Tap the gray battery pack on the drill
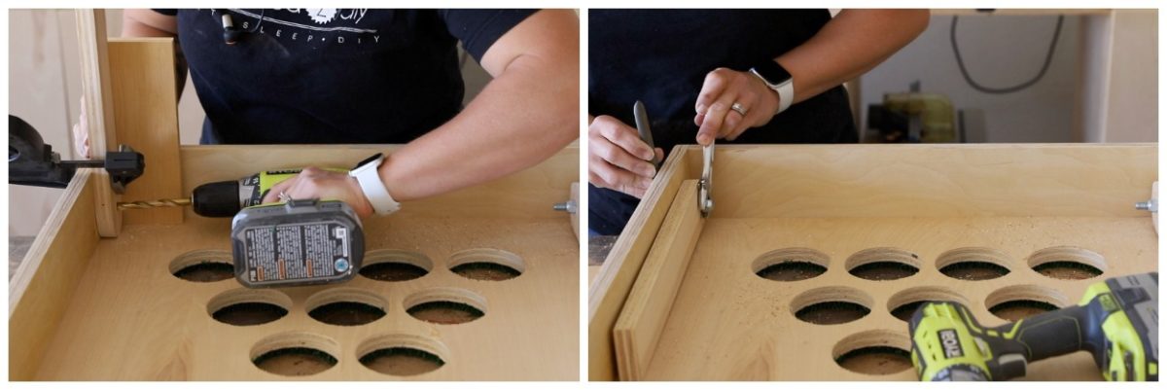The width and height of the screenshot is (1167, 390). (x=298, y=243)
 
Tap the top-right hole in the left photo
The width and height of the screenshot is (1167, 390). (x=485, y=264)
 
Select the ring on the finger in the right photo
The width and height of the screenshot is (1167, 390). (x=739, y=110)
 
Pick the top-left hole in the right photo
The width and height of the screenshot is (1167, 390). (x=792, y=265)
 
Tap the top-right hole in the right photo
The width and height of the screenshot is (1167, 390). (x=1067, y=264)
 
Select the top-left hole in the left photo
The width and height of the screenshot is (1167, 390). (x=202, y=266)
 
